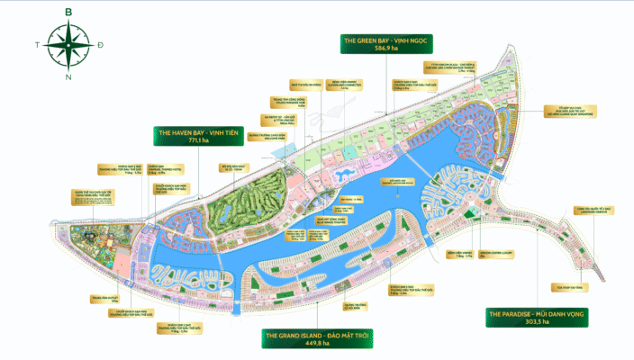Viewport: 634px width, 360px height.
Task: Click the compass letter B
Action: tap(68, 11)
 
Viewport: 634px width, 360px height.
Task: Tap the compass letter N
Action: tap(68, 76)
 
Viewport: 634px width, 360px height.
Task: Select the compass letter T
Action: tap(35, 44)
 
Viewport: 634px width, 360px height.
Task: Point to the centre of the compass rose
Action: tap(68, 44)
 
